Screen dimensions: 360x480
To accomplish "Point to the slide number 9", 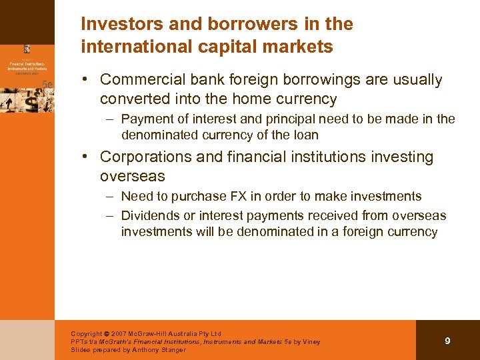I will click(x=447, y=341).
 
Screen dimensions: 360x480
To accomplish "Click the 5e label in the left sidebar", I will click(x=47, y=84).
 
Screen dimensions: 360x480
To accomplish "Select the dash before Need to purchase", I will click(x=109, y=197).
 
